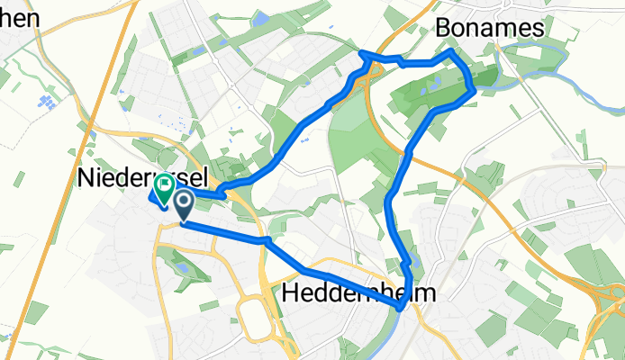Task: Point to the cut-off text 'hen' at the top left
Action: (18, 17)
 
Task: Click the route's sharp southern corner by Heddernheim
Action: (398, 309)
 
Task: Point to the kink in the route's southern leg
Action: (267, 241)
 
